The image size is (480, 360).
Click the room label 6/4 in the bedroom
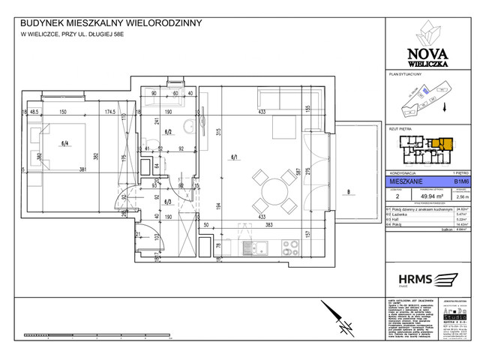click(64, 143)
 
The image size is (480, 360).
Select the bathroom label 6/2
click(169, 132)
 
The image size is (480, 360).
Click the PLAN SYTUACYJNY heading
click(406, 75)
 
